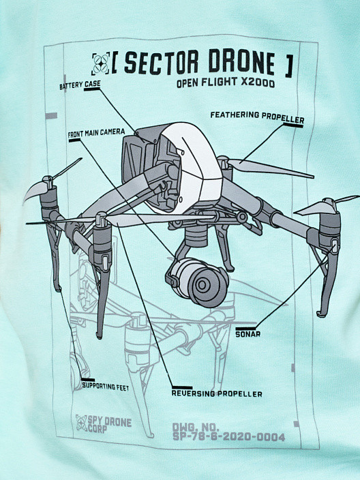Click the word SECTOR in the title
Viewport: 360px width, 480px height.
[162, 62]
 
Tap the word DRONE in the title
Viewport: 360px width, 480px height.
[242, 62]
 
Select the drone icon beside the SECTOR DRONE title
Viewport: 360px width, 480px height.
[101, 64]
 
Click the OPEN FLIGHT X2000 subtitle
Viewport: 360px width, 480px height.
[226, 82]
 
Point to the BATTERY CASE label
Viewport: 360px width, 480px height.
[80, 85]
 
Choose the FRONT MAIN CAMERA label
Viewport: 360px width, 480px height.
[96, 133]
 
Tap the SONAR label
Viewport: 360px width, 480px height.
[248, 334]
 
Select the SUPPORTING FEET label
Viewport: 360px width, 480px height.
[106, 387]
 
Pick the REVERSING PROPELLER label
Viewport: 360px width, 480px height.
[217, 393]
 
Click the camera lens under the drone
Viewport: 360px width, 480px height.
[202, 286]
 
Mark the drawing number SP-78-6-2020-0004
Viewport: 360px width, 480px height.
[228, 437]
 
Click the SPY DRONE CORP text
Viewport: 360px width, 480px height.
[110, 425]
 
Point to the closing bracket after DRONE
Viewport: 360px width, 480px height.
[289, 65]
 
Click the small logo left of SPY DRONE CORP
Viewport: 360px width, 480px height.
[81, 423]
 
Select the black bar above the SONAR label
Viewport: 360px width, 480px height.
[245, 329]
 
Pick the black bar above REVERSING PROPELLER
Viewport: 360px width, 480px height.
[182, 387]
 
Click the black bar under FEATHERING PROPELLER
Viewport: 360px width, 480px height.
[293, 125]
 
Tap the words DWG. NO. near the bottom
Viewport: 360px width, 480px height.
[196, 427]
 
